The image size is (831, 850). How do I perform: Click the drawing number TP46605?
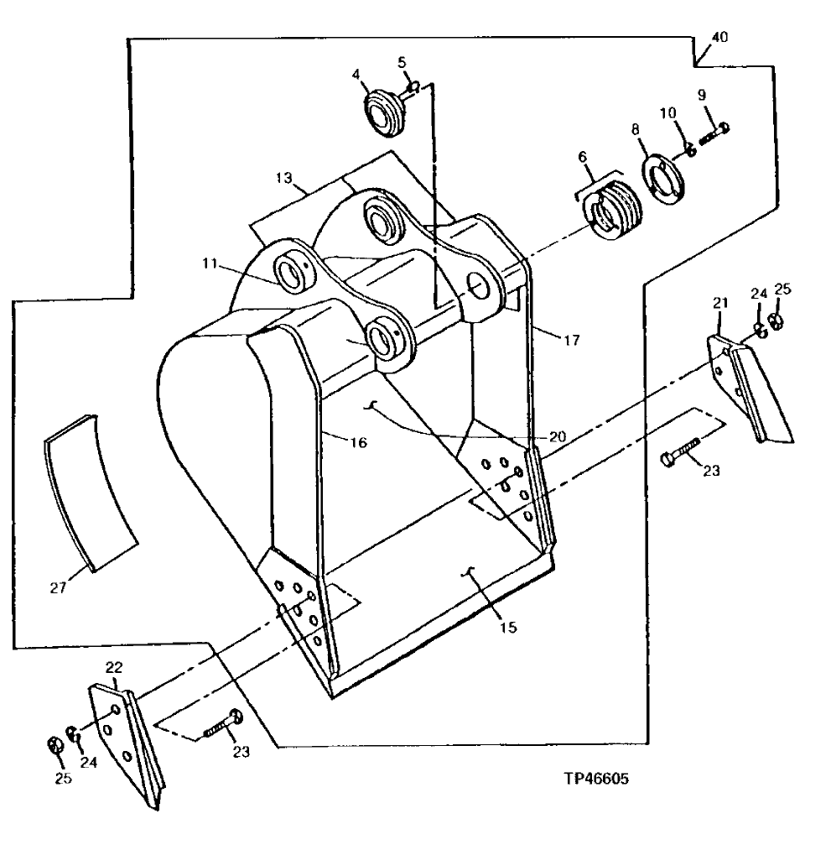tap(596, 779)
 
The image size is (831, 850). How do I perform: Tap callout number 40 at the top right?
tap(719, 37)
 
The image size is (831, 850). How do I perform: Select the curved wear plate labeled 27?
tap(91, 491)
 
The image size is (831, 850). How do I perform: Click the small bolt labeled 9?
tap(714, 132)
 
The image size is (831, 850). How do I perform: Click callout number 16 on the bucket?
tap(357, 442)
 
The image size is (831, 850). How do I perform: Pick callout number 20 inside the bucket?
tap(557, 436)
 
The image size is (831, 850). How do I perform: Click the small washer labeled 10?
tap(686, 149)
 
